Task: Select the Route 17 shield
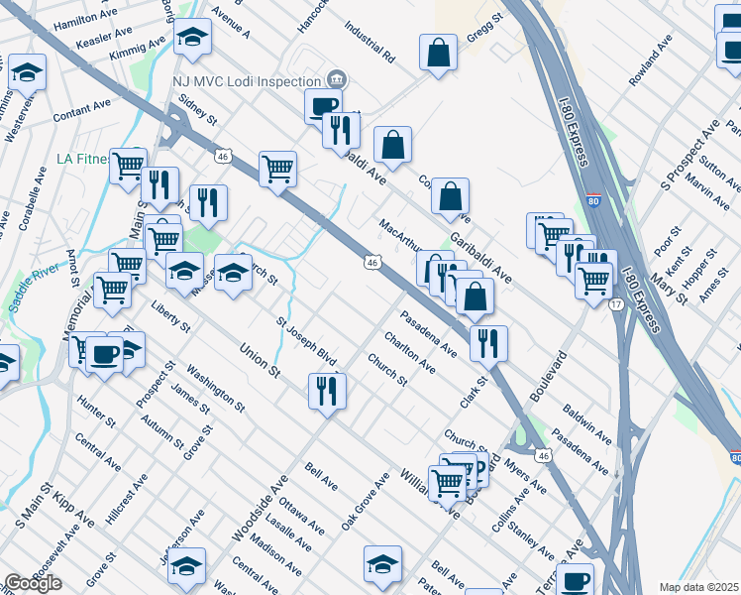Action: tap(616, 303)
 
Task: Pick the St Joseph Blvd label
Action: tap(306, 337)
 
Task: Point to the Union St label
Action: tap(260, 359)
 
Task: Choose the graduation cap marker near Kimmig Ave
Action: tap(192, 39)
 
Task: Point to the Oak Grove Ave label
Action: tap(366, 500)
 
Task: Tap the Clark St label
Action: tap(476, 391)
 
